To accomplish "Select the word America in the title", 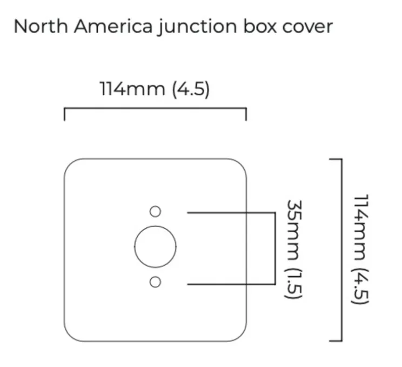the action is pyautogui.click(x=113, y=27).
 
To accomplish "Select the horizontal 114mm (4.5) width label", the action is pyautogui.click(x=155, y=89).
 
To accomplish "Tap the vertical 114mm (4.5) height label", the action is pyautogui.click(x=360, y=250).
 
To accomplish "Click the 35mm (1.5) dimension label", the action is pyautogui.click(x=294, y=250).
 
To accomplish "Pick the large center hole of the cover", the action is pyautogui.click(x=156, y=247).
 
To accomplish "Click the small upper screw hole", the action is pyautogui.click(x=156, y=212).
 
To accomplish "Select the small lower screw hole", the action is pyautogui.click(x=156, y=282).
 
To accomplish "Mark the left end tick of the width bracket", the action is pyautogui.click(x=64, y=114).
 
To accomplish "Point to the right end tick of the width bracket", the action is pyautogui.click(x=246, y=114).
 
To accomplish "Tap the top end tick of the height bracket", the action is pyautogui.click(x=336, y=160).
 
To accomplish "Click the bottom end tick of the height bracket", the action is pyautogui.click(x=336, y=341).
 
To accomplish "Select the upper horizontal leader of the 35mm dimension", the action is pyautogui.click(x=231, y=213).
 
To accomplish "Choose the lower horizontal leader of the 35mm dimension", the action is pyautogui.click(x=231, y=284).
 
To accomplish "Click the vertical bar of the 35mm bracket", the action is pyautogui.click(x=275, y=248).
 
